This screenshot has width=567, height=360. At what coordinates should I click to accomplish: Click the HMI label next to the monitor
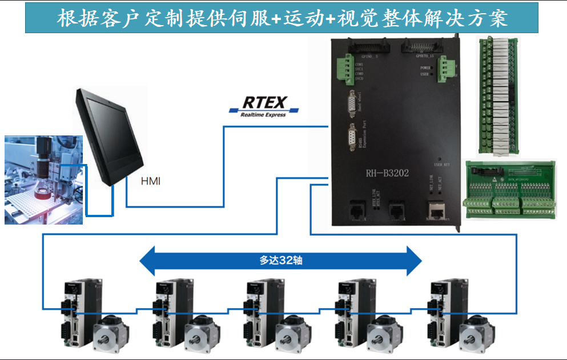[x=151, y=182]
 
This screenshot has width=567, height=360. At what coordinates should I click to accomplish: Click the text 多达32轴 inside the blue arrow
[x=280, y=261]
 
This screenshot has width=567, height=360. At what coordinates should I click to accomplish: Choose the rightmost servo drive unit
[x=443, y=312]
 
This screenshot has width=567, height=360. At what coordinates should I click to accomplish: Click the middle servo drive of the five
[x=260, y=312]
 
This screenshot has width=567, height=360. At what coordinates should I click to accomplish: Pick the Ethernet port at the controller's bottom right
[x=436, y=210]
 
